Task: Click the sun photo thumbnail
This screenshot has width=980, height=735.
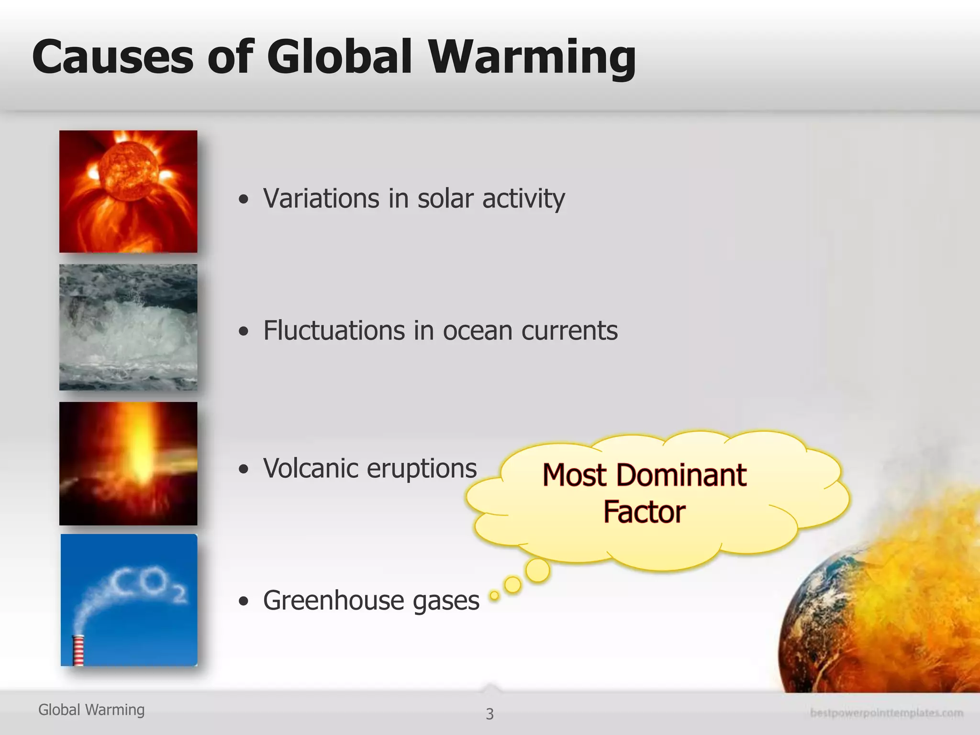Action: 128,191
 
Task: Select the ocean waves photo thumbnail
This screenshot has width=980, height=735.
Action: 128,327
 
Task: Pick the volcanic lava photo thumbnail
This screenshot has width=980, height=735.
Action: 128,463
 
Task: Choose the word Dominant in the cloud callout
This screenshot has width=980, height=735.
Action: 681,475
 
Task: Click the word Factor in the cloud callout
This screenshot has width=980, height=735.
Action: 644,512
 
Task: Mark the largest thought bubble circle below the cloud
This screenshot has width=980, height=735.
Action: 537,570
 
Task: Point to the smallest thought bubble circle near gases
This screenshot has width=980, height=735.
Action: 494,595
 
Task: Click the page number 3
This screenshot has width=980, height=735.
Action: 490,714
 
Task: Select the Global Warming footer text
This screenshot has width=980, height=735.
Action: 91,710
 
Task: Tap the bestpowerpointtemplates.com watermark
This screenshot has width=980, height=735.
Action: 886,713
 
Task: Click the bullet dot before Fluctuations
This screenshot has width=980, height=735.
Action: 244,331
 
